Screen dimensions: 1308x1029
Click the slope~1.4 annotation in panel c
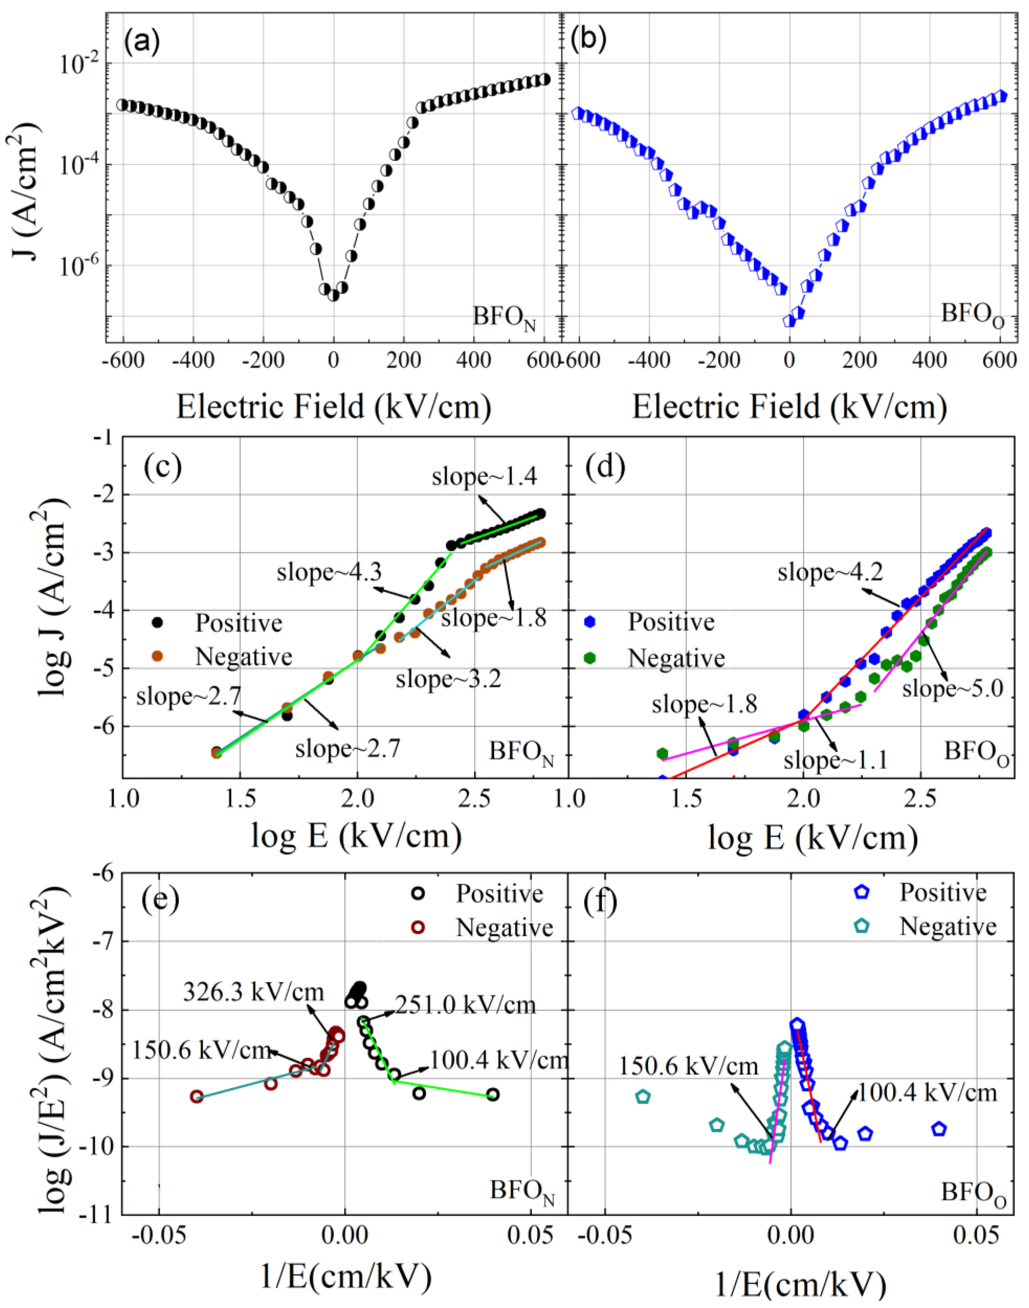point(484,477)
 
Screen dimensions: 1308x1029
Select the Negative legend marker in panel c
point(158,656)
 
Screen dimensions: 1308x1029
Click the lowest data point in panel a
point(333,295)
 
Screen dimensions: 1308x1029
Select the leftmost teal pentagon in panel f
point(643,1097)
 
